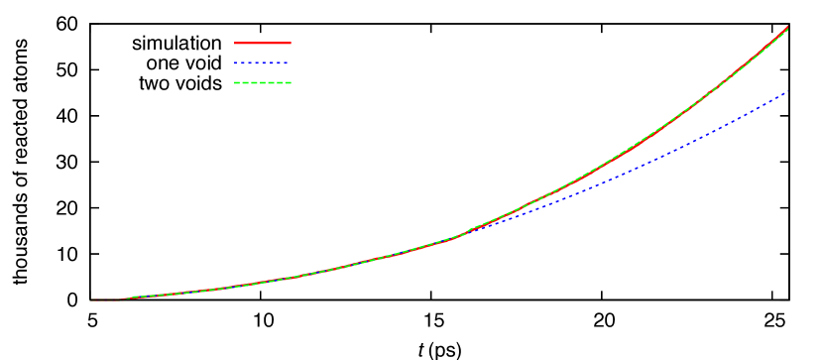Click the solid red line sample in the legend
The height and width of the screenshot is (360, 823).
[262, 43]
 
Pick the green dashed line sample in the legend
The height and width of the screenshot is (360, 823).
[262, 82]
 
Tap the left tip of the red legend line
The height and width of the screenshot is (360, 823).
[235, 43]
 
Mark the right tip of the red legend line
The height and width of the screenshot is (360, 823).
[290, 43]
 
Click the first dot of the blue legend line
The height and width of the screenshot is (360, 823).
[236, 62]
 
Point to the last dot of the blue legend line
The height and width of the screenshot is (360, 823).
[286, 62]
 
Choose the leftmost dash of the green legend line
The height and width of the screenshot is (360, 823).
[238, 82]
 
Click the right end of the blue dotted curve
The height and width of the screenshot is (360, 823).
[787, 92]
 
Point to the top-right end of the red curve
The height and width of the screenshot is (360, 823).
[788, 27]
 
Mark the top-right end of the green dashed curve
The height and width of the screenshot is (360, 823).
[787, 31]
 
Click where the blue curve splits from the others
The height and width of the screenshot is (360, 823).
[466, 232]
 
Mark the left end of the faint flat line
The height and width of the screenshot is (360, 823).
[90, 300]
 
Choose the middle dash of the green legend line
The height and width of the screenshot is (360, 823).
[262, 82]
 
